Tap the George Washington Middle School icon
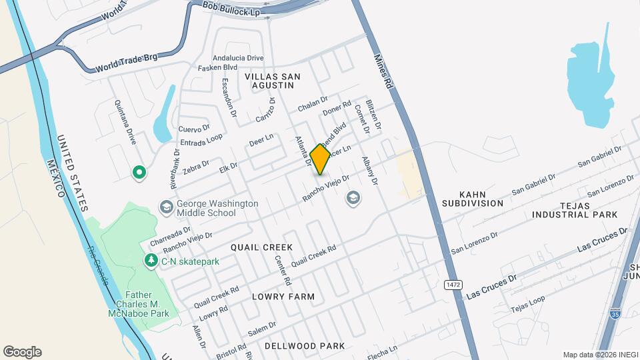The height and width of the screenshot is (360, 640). coord(165,208)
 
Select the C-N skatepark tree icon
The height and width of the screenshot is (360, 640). coord(152,261)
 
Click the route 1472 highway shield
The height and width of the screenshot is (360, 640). coord(453,285)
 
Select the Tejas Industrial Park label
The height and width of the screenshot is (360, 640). coord(575,209)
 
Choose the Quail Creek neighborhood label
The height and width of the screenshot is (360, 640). coord(262,247)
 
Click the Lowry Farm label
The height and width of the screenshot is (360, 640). coord(283,296)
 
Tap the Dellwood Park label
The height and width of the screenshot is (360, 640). coord(305,346)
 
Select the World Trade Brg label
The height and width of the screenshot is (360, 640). coord(127,62)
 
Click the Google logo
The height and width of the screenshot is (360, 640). coord(22,351)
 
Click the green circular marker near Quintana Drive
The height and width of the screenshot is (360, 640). coord(139,173)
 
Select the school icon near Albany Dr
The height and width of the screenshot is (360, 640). coord(353,197)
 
